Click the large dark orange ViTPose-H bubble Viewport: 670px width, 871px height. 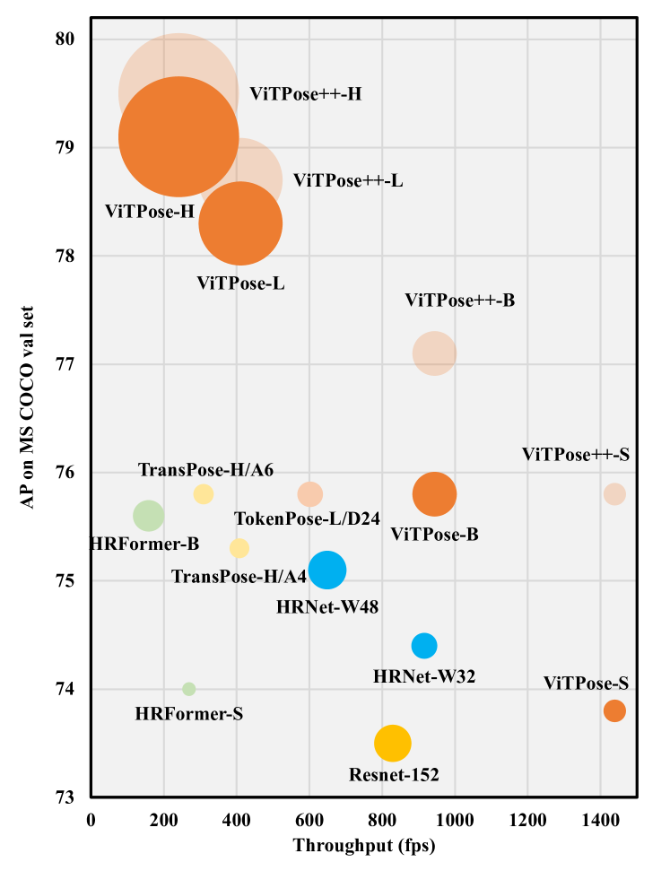point(178,136)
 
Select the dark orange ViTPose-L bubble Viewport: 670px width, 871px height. point(240,223)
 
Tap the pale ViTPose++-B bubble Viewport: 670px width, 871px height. point(435,353)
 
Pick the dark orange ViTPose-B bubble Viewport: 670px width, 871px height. point(435,493)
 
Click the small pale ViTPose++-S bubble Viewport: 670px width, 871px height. point(614,493)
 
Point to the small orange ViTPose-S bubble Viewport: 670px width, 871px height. point(614,710)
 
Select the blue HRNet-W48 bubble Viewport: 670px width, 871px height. point(327,570)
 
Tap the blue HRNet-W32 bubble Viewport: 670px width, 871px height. point(424,645)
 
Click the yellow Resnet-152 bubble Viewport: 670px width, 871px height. point(393,743)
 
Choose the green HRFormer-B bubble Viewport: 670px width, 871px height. point(148,515)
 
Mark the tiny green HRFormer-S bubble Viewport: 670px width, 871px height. point(188,689)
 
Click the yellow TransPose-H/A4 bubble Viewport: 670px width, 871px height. point(239,547)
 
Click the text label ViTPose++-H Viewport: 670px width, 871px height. point(305,93)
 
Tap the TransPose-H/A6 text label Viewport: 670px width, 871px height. point(205,470)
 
